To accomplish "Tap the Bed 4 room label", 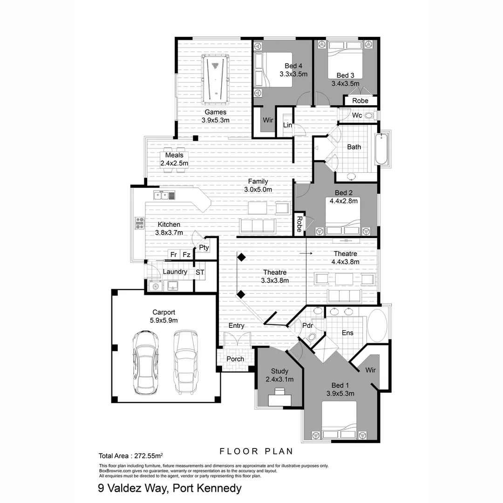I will click(x=293, y=70).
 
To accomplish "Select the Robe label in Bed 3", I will click(x=360, y=101).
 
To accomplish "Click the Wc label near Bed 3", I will click(x=357, y=115).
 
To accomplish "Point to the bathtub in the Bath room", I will click(x=381, y=149).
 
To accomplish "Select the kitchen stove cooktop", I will click(x=140, y=224).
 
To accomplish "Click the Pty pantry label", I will click(x=204, y=247).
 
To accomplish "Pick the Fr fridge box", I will click(x=173, y=255).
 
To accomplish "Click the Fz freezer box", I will click(x=186, y=255).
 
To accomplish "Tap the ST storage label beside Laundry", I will click(x=200, y=272).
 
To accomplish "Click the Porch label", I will click(x=235, y=359).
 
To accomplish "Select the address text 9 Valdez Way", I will click(x=170, y=488).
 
